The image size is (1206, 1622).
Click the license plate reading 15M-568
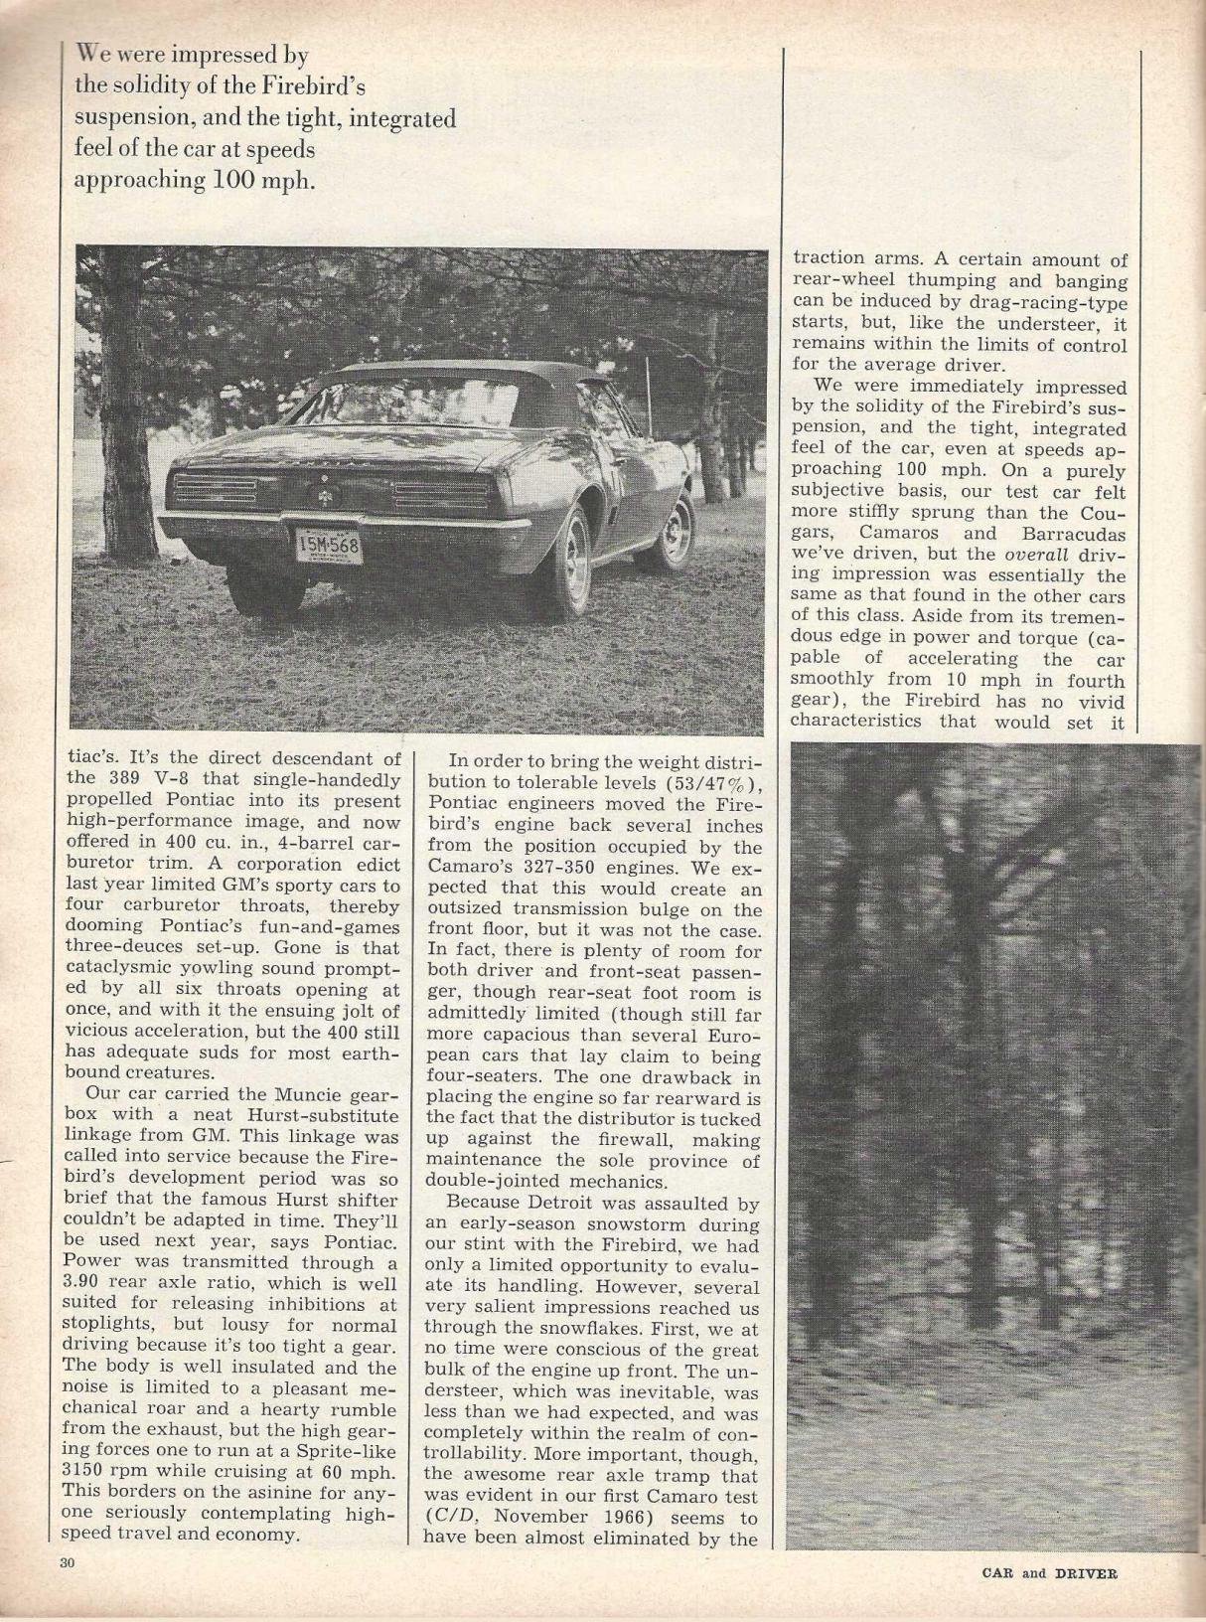[x=324, y=545]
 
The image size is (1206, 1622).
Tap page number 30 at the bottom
[x=68, y=1563]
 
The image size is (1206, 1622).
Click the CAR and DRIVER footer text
[x=1048, y=1573]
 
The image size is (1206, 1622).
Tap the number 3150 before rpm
[x=85, y=1472]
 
